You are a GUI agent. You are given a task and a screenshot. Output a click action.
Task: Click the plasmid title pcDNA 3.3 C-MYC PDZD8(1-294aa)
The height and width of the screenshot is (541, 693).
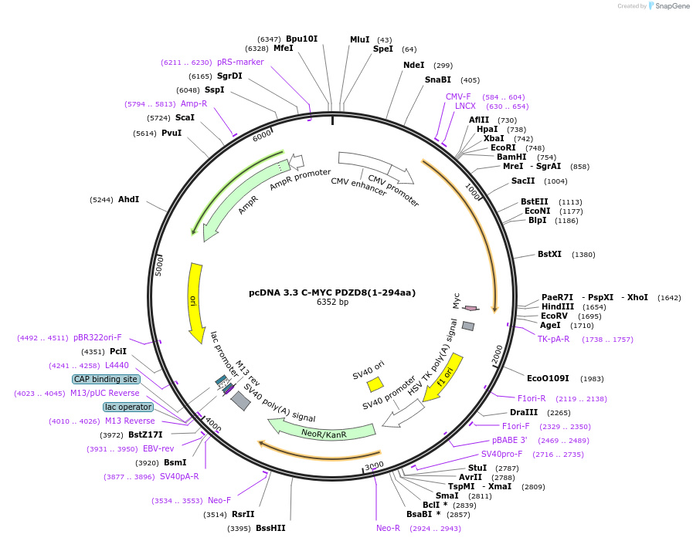pyautogui.click(x=332, y=292)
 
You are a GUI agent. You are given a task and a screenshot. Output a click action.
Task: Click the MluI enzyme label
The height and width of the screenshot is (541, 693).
pyautogui.click(x=359, y=39)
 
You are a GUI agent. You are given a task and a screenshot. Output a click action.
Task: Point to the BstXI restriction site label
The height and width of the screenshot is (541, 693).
pyautogui.click(x=549, y=254)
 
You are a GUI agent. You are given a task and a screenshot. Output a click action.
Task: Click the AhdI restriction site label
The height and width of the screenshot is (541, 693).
pyautogui.click(x=128, y=199)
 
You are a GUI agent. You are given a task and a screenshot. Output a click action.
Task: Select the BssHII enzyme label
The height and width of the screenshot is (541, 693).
pyautogui.click(x=270, y=528)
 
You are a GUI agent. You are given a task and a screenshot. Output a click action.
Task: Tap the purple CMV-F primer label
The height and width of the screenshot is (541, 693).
pyautogui.click(x=458, y=96)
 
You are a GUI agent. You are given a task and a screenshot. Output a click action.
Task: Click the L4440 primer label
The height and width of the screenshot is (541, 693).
pyautogui.click(x=117, y=365)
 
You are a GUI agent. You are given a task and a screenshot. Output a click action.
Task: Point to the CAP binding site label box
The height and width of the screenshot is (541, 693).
pyautogui.click(x=106, y=379)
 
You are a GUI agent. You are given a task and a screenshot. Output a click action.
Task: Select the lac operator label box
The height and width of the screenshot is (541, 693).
pyautogui.click(x=128, y=407)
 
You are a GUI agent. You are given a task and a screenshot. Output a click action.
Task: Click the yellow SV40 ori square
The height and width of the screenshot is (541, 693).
pyautogui.click(x=375, y=384)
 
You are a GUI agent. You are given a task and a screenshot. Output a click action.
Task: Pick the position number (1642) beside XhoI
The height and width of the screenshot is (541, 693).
pyautogui.click(x=669, y=297)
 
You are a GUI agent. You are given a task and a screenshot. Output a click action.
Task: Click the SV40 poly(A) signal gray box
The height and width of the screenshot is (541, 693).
pyautogui.click(x=241, y=401)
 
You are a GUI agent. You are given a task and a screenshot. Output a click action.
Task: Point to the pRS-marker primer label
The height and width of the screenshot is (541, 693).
pyautogui.click(x=240, y=62)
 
